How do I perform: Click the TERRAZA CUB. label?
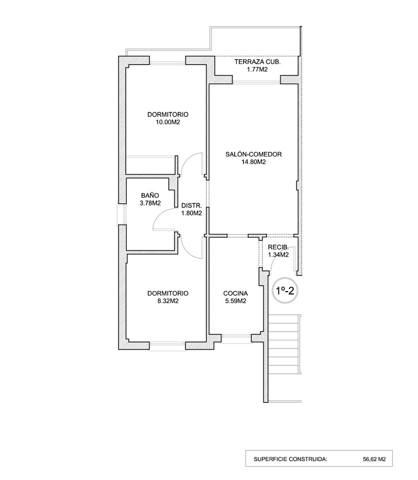pos(257,62)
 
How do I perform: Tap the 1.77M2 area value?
pos(257,70)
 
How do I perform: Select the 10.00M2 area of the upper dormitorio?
pos(167,122)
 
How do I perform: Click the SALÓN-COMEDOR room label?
pos(254,153)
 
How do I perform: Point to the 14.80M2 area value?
pos(254,162)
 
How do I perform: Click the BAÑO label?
pos(150,195)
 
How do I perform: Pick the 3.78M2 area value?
pos(150,203)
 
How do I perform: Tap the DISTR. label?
pos(191,205)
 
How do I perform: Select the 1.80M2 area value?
pos(191,213)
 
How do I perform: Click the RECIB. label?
pos(278,246)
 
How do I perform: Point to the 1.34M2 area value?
pos(278,254)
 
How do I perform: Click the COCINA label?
pos(236,294)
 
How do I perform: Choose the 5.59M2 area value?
pos(236,302)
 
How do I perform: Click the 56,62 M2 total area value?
pos(374,459)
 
